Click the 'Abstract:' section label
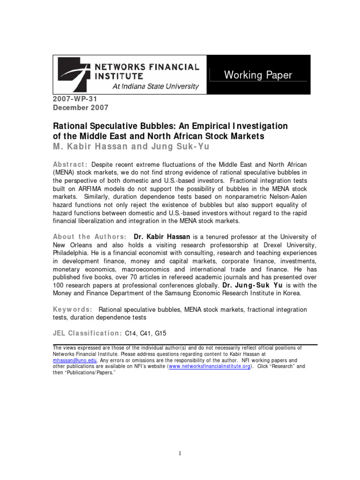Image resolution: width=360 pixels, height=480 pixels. coord(70,165)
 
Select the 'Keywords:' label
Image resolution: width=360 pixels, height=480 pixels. coord(72,309)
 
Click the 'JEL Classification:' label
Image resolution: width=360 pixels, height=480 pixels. coord(87,333)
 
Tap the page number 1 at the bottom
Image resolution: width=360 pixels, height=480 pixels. coord(180,453)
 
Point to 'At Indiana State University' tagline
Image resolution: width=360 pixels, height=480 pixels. coord(155,87)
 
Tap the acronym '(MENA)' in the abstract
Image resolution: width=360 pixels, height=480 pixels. coord(64,173)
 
